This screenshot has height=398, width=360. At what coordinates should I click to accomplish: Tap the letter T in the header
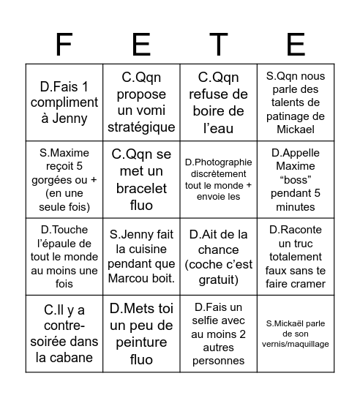[217, 45]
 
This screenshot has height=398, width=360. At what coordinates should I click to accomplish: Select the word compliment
[64, 104]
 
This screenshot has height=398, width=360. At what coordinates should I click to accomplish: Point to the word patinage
[296, 116]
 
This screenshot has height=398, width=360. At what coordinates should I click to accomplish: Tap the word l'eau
[218, 127]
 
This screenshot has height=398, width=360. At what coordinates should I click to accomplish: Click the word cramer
[310, 282]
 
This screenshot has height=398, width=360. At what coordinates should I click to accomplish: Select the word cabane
[83, 358]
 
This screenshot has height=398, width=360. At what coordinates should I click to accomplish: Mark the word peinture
[141, 343]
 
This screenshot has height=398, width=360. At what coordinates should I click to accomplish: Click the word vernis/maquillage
[296, 343]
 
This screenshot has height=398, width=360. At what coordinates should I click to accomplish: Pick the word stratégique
[141, 127]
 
